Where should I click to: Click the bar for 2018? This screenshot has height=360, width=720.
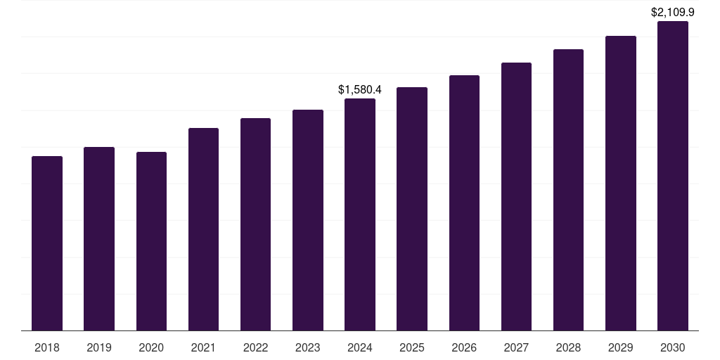click(x=47, y=243)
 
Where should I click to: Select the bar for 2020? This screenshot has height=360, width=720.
click(x=151, y=241)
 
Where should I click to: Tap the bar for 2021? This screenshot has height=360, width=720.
click(x=203, y=229)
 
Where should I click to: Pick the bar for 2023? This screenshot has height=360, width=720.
click(x=308, y=220)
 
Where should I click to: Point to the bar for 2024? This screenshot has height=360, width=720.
click(x=360, y=214)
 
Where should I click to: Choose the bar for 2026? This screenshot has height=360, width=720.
click(x=464, y=202)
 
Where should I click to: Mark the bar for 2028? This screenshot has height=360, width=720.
click(x=568, y=190)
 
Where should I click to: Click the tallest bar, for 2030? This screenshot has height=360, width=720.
click(x=673, y=176)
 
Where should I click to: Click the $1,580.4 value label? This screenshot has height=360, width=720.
click(x=360, y=90)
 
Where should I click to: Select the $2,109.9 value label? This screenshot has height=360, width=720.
click(x=673, y=12)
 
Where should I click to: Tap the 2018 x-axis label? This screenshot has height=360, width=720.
click(x=47, y=347)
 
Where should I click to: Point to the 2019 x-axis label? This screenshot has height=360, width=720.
click(x=99, y=347)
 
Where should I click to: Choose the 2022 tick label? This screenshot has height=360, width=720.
click(x=255, y=347)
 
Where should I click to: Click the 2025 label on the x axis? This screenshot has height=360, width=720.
click(x=412, y=347)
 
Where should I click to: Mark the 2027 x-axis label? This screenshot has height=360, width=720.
click(x=516, y=347)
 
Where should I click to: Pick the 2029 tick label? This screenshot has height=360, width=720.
click(x=620, y=347)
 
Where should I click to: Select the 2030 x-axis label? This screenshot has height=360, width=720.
click(x=673, y=347)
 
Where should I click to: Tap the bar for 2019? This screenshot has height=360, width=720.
click(x=99, y=239)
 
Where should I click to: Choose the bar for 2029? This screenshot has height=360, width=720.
click(x=620, y=183)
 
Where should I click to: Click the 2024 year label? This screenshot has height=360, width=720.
click(x=360, y=347)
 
